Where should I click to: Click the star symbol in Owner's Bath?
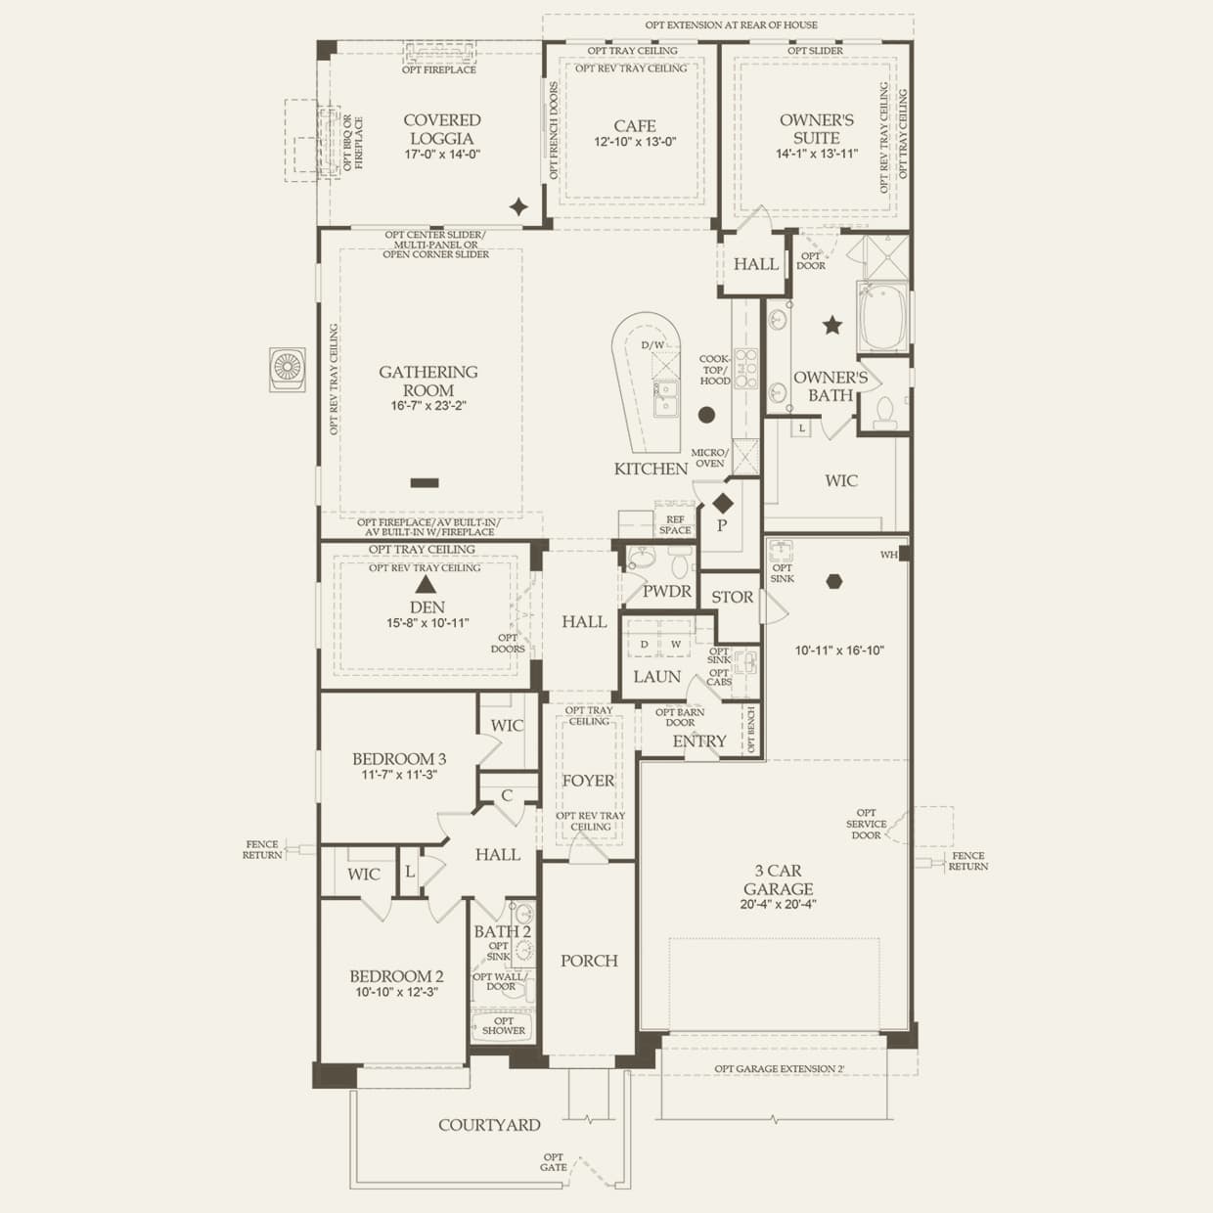(x=831, y=325)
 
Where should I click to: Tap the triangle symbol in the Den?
(x=426, y=584)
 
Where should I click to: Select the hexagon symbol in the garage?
(x=833, y=581)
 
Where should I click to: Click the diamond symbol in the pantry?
(x=723, y=504)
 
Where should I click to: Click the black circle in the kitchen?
(x=706, y=415)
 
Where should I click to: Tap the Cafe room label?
(x=635, y=125)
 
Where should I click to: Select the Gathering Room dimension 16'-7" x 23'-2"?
(x=428, y=405)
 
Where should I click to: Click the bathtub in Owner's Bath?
(x=882, y=316)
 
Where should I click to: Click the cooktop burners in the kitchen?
(x=745, y=369)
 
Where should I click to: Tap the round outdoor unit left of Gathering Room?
(x=288, y=369)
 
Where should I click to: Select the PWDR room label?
(x=667, y=591)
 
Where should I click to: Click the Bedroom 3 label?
(x=399, y=758)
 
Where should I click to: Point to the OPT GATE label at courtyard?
(x=554, y=1161)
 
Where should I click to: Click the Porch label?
(x=589, y=961)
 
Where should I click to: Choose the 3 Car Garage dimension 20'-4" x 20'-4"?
(x=779, y=905)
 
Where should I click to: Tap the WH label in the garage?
(x=888, y=555)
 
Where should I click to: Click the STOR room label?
(x=732, y=597)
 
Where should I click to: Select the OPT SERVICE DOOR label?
(x=866, y=824)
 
